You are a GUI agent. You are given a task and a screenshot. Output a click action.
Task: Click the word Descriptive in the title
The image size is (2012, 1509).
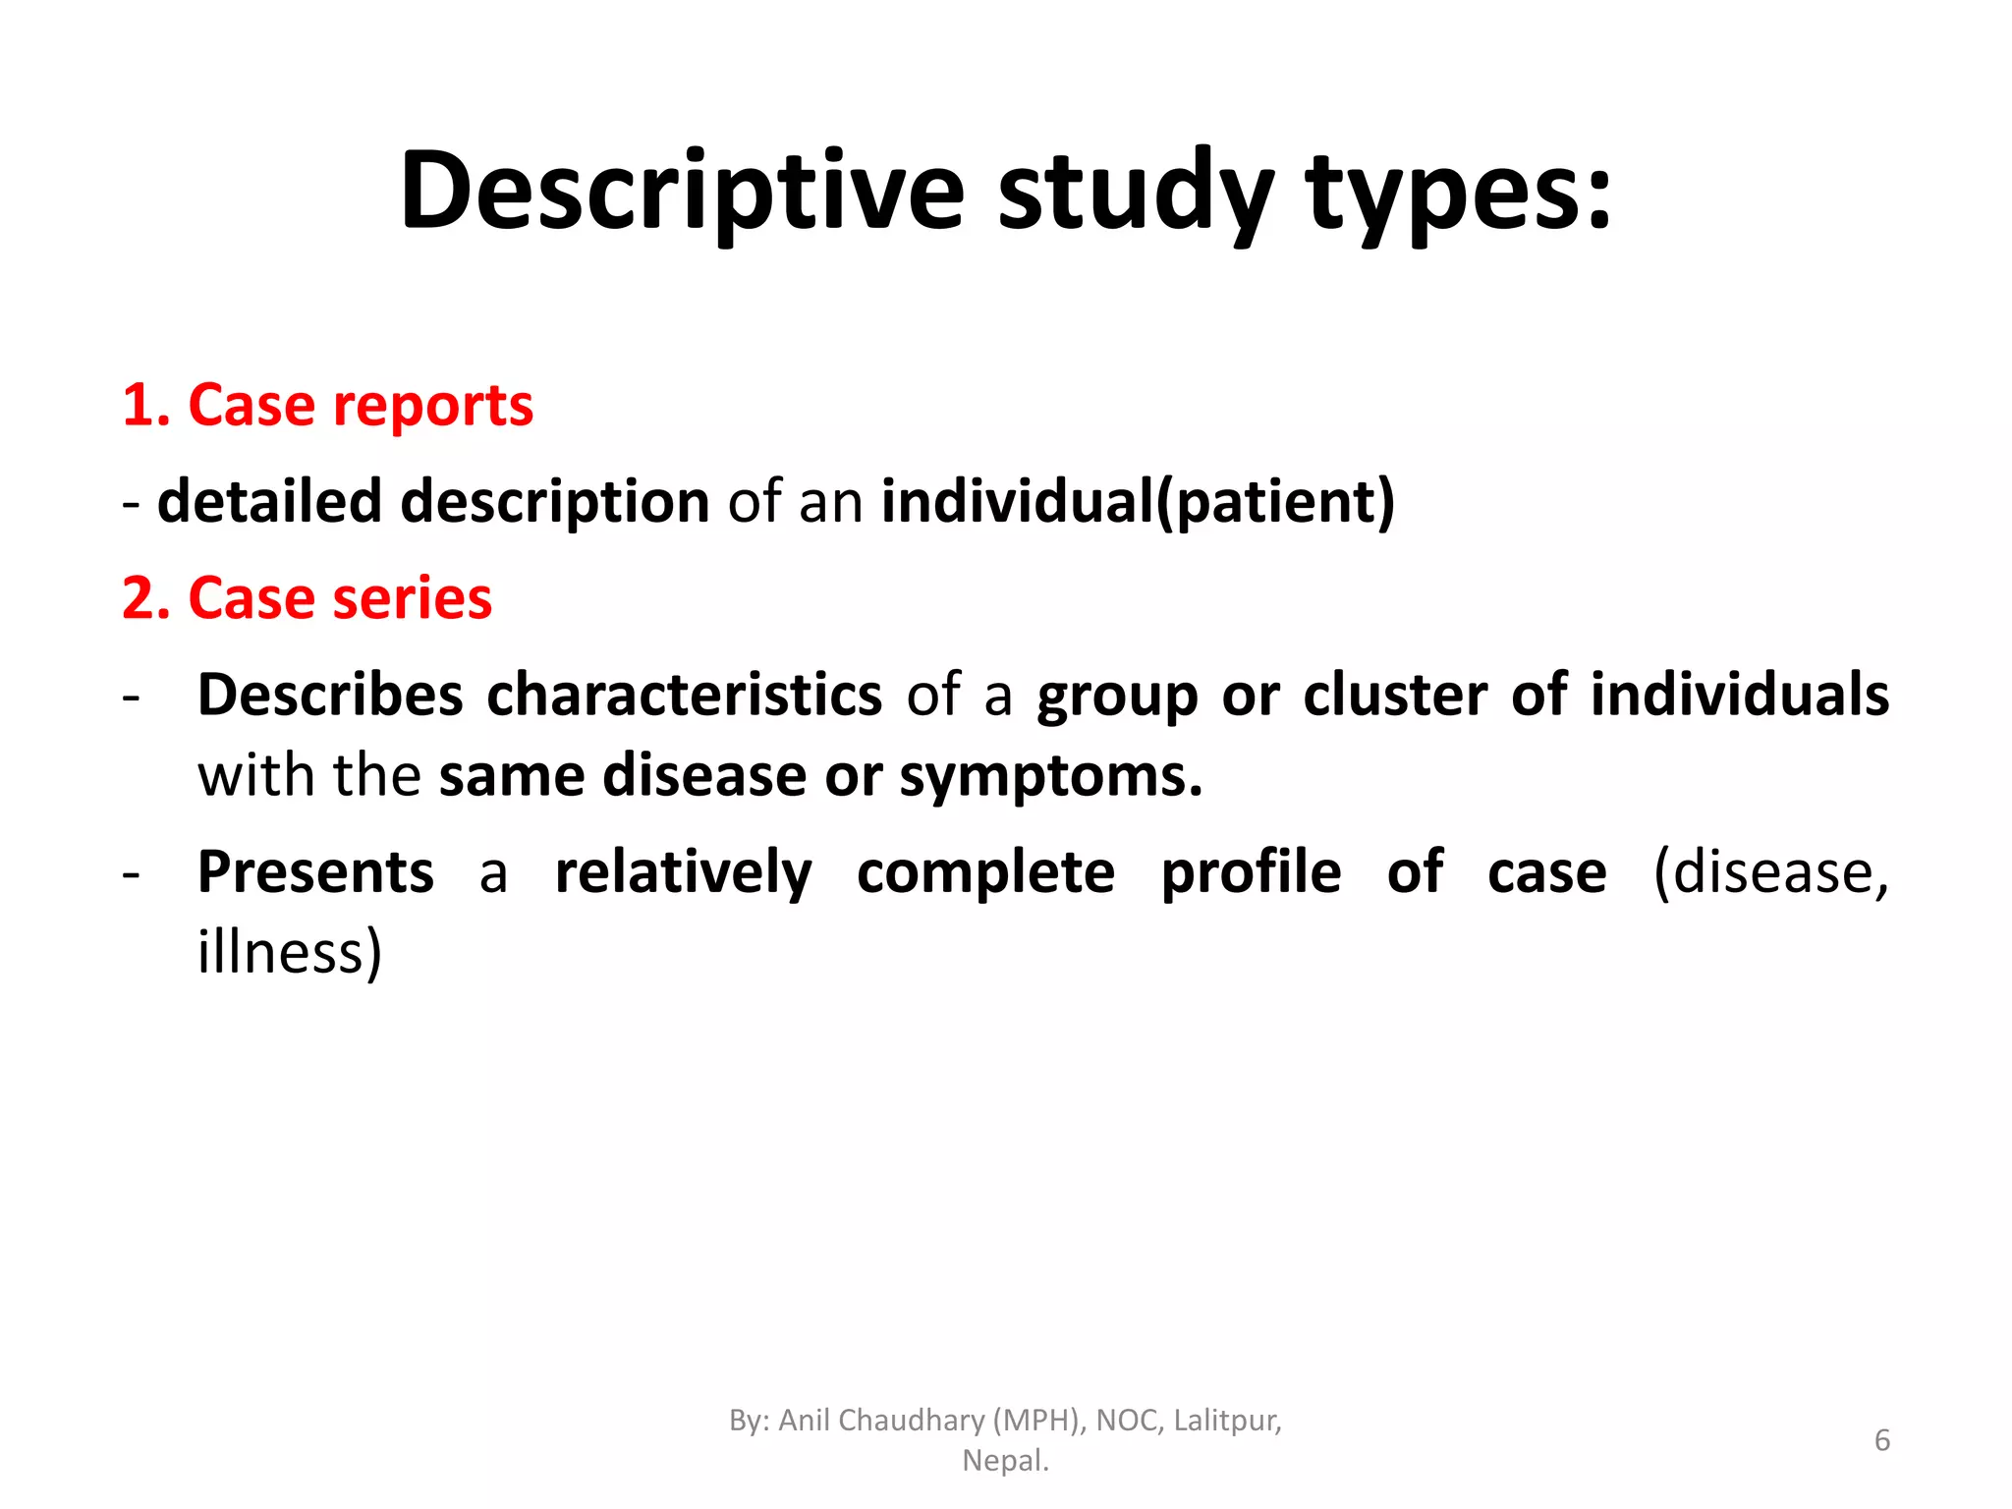[x=683, y=192]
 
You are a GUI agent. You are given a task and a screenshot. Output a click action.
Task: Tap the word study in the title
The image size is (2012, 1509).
[x=1136, y=192]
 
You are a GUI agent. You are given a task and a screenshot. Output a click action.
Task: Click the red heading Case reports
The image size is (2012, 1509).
[x=360, y=405]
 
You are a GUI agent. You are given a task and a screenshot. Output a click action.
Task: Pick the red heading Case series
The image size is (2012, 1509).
[x=339, y=597]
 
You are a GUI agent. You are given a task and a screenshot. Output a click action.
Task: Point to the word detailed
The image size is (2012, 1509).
[x=269, y=501]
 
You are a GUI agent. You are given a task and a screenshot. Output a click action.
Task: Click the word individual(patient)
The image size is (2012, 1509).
[x=1138, y=501]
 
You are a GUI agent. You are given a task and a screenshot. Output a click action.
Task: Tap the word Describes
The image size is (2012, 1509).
[x=330, y=695]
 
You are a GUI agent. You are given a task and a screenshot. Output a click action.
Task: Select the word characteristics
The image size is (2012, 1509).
[x=685, y=695]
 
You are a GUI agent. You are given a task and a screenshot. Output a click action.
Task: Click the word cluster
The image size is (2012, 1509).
[x=1395, y=695]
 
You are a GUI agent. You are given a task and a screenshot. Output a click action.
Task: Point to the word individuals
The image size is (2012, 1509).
[x=1740, y=695]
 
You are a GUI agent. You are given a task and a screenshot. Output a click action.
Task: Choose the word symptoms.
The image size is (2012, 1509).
[x=1051, y=775]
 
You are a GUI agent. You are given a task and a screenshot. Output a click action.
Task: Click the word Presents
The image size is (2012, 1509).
[x=315, y=871]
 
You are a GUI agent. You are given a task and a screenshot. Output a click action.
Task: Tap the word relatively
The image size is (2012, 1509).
[x=684, y=871]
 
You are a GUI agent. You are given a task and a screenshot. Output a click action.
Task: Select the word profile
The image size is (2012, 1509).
[x=1251, y=871]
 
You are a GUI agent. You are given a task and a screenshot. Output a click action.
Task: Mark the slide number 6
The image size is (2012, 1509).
[x=1882, y=1440]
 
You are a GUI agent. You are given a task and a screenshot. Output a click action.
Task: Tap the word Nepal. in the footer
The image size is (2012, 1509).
[x=1005, y=1461]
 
